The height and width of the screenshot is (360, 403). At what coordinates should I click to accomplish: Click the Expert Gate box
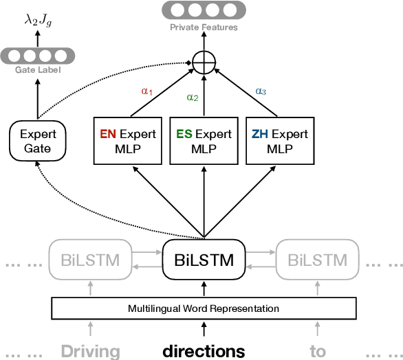pos(38,141)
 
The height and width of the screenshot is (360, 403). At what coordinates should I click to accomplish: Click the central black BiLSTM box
pos(203,260)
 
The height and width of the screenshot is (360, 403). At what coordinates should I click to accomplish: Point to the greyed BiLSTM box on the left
pos(89,260)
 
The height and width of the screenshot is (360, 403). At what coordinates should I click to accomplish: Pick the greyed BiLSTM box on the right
pos(317,260)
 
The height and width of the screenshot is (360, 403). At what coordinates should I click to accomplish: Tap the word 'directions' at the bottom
pos(203,351)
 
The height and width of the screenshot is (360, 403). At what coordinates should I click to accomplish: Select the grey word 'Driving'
pos(90,352)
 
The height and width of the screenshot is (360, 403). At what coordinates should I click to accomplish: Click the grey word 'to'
pos(317,352)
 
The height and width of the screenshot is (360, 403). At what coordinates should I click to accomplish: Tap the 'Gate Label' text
pos(38,71)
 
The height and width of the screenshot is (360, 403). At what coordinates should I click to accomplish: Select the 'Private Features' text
pos(203,27)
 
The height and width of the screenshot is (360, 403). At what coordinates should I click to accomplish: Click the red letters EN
pos(108,135)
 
